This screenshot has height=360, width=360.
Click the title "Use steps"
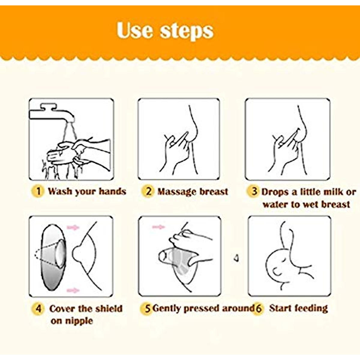pyautogui.click(x=165, y=31)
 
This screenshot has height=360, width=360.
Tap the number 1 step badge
pyautogui.click(x=38, y=191)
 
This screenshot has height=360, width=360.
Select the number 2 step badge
pyautogui.click(x=148, y=191)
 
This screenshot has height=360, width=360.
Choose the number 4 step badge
pyautogui.click(x=38, y=308)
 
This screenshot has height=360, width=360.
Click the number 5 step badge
pyautogui.click(x=147, y=308)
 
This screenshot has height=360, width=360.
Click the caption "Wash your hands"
pyautogui.click(x=87, y=191)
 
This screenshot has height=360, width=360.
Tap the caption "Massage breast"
pyautogui.click(x=193, y=191)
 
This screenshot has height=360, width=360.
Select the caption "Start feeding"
pyautogui.click(x=298, y=308)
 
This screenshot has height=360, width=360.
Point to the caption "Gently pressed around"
pyautogui.click(x=203, y=308)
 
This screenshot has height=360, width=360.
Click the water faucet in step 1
pyautogui.click(x=52, y=114)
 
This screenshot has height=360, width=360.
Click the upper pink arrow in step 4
pyautogui.click(x=73, y=228)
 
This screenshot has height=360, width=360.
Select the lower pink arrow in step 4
pyautogui.click(x=73, y=290)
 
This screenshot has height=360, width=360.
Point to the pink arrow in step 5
pyautogui.click(x=158, y=227)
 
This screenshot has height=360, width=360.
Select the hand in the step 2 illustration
pyautogui.click(x=175, y=148)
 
